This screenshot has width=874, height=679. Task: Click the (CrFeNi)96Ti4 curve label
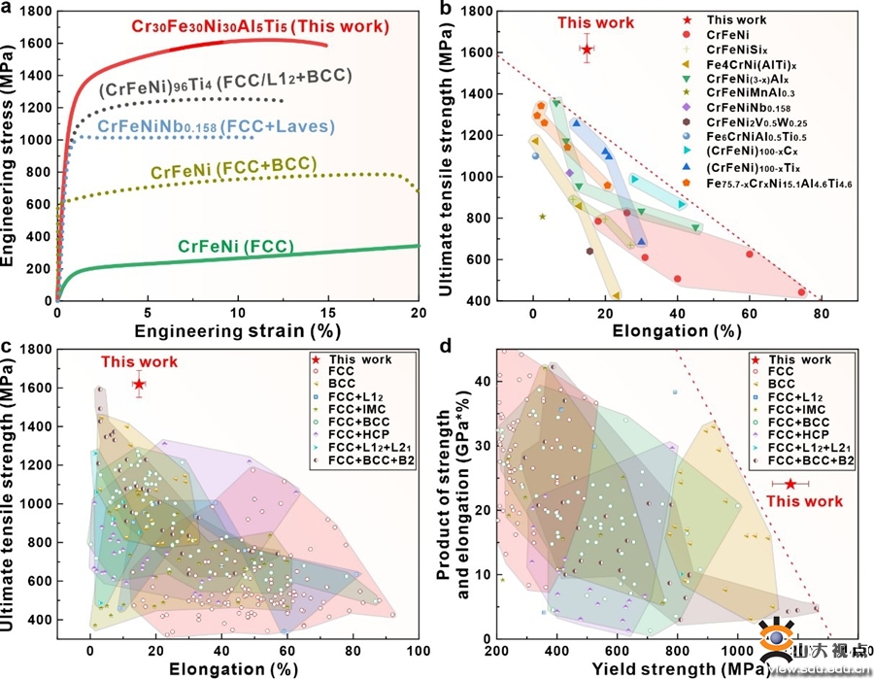click(225, 76)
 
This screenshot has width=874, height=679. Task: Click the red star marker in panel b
click(588, 48)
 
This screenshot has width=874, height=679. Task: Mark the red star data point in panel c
click(139, 385)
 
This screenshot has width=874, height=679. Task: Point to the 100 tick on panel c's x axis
click(419, 649)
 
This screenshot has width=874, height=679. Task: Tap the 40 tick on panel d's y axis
click(483, 381)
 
